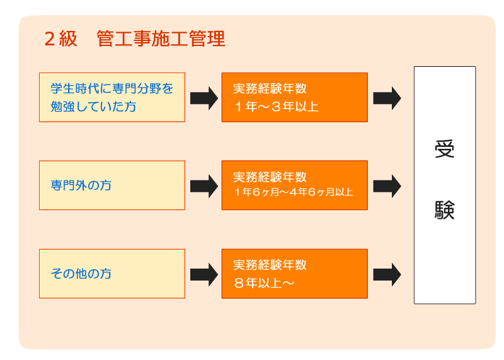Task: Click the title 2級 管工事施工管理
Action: pos(135,39)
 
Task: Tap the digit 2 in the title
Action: pos(50,39)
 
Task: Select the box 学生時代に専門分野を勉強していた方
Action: pos(112,98)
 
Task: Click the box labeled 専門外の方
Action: pos(112,185)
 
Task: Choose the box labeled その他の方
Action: pos(112,274)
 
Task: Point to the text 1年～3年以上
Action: pos(277,107)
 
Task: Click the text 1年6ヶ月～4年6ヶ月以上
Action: pos(294,192)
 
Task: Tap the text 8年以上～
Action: pos(264,283)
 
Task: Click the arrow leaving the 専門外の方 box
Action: pos(204,186)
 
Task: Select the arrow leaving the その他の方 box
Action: pos(204,274)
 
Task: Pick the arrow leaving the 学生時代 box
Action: pos(204,98)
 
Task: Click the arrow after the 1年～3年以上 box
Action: pos(387,98)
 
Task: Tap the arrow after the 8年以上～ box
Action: pos(387,274)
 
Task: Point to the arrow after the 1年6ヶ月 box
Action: pos(387,186)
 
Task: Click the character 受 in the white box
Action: pos(445,149)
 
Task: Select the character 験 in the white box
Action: pos(445,210)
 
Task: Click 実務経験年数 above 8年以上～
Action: pos(270,265)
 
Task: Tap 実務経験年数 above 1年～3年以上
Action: pos(270,88)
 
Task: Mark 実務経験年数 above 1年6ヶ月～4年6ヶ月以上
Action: pos(270,177)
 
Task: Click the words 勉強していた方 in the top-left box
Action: pos(93,107)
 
